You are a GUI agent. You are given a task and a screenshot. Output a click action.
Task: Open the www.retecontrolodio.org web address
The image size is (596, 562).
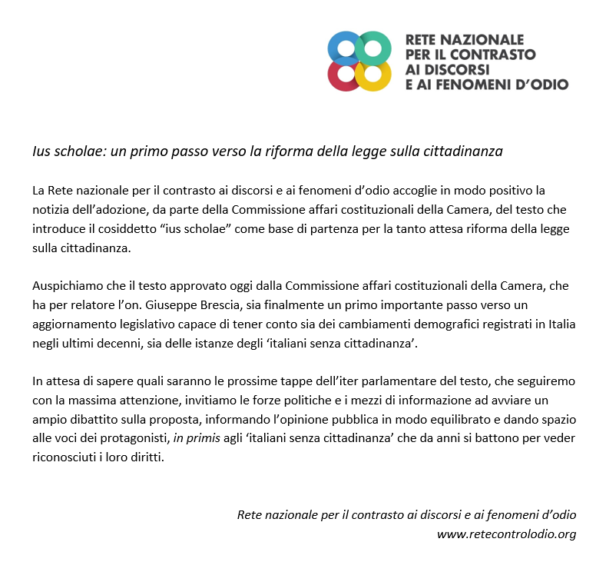[506, 534]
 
